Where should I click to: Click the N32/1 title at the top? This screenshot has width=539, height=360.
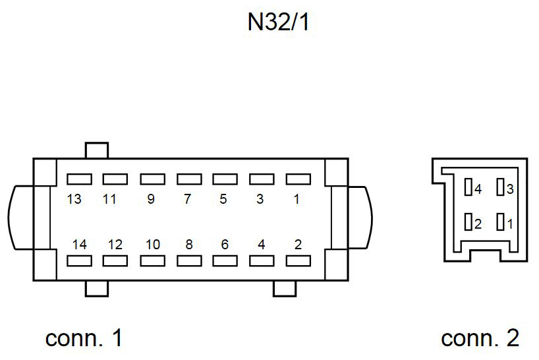click(x=278, y=22)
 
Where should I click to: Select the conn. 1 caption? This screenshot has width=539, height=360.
click(x=84, y=338)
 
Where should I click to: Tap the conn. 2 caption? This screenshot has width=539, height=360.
click(x=480, y=338)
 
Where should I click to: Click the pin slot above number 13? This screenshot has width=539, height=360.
click(x=79, y=179)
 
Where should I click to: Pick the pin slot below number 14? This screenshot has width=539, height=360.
click(x=79, y=260)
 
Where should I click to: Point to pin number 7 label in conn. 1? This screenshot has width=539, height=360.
click(x=187, y=199)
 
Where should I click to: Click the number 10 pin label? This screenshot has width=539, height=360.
click(x=152, y=245)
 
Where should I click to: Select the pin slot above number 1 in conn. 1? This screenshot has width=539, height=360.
click(x=297, y=179)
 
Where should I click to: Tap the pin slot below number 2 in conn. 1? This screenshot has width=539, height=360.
click(x=297, y=260)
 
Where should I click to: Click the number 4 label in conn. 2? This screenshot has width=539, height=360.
click(x=478, y=189)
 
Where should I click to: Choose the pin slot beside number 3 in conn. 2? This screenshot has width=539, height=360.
click(x=501, y=188)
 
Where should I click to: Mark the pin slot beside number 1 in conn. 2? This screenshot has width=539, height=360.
click(x=501, y=222)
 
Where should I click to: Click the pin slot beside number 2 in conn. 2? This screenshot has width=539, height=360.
click(x=468, y=222)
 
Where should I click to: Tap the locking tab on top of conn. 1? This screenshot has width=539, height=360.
click(x=96, y=150)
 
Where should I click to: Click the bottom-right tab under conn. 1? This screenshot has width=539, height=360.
click(x=285, y=288)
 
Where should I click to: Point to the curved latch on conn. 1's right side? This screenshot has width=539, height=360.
click(x=360, y=218)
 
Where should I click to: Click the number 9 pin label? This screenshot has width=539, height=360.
click(x=151, y=199)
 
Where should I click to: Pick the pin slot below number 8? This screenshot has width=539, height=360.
click(x=188, y=260)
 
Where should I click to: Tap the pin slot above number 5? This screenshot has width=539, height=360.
click(x=225, y=179)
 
